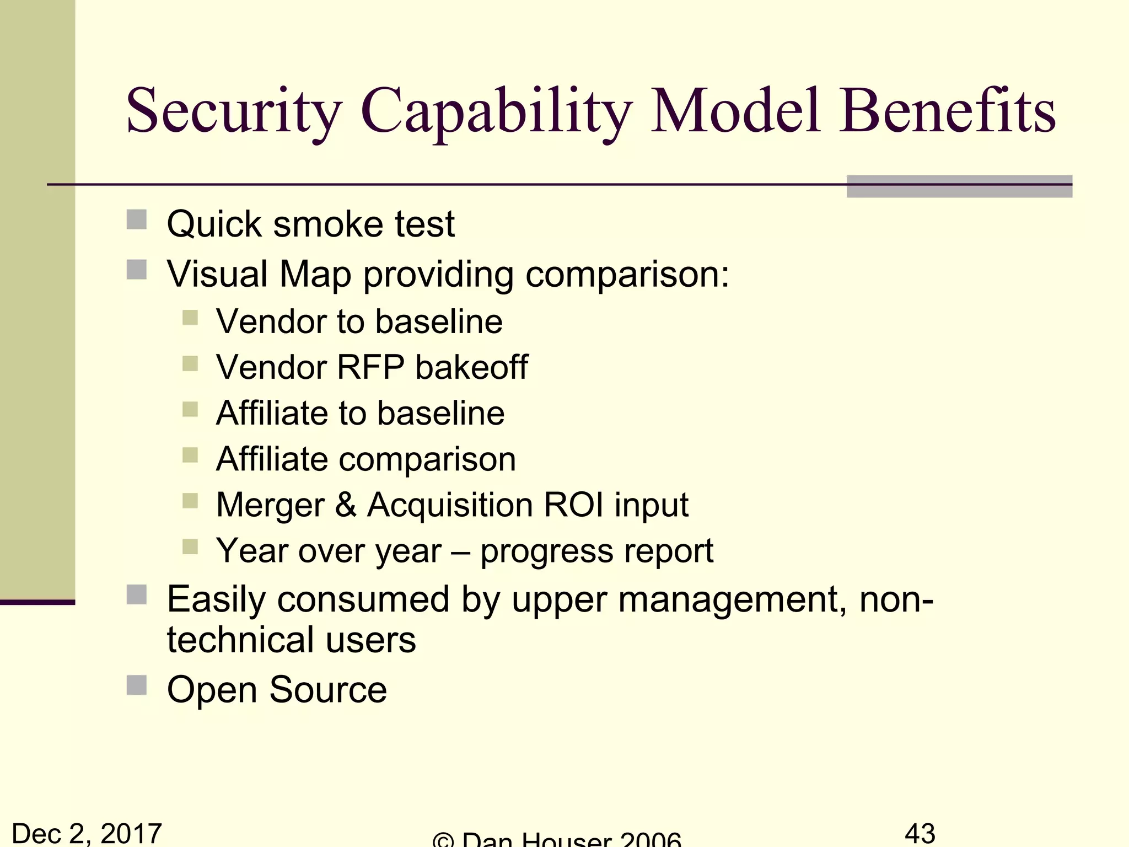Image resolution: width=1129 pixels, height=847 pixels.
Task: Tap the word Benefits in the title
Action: click(x=947, y=111)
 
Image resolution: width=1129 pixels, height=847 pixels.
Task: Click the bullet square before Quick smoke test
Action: click(x=137, y=219)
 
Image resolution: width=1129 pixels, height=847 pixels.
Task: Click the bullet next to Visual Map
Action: click(x=137, y=270)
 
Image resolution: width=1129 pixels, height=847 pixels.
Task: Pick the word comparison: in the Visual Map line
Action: click(x=627, y=275)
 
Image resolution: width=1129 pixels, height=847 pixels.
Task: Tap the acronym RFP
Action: click(x=370, y=367)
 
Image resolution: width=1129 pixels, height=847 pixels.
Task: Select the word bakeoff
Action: click(x=472, y=367)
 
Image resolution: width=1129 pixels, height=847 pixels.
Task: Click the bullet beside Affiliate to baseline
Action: click(x=190, y=409)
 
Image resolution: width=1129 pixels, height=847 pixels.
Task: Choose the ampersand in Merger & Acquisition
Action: click(x=346, y=505)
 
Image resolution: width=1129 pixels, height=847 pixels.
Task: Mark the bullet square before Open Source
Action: click(x=137, y=685)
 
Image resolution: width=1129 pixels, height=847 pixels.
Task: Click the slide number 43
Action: click(x=920, y=833)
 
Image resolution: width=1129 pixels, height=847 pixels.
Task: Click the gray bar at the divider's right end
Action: click(x=959, y=186)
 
